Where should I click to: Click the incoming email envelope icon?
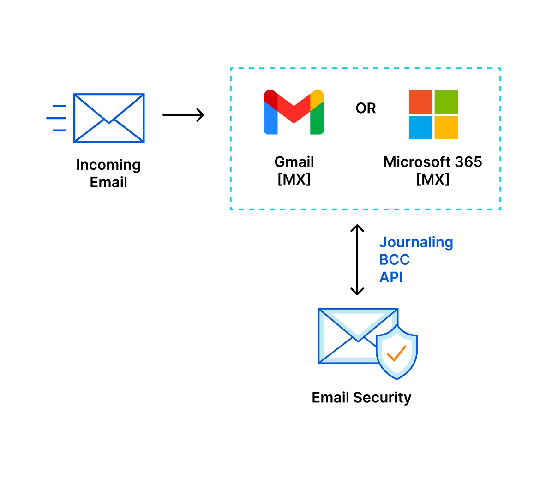[109, 118]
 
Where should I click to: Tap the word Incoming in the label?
[108, 165]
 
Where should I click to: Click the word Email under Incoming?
[108, 182]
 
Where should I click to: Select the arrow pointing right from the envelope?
[183, 115]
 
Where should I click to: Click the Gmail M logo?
[294, 112]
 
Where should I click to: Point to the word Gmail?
[294, 162]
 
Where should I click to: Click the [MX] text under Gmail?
[294, 179]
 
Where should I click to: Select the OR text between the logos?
[366, 108]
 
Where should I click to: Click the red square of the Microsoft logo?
[420, 102]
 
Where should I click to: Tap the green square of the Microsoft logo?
[446, 102]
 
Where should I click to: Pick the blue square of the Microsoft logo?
[420, 127]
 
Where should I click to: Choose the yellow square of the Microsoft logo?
[446, 127]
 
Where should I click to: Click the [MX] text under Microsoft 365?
[432, 179]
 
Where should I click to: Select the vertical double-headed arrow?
[357, 260]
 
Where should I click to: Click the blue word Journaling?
[416, 242]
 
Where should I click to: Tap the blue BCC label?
[395, 260]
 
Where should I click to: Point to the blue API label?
[391, 277]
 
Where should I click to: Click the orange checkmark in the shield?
[396, 353]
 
